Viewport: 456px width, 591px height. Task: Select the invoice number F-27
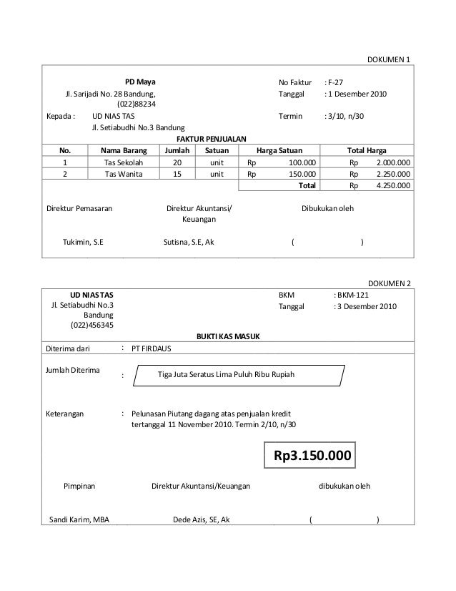pyautogui.click(x=336, y=82)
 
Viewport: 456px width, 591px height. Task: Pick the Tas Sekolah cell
pyautogui.click(x=124, y=162)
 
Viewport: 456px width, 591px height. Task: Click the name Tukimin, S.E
pyautogui.click(x=84, y=243)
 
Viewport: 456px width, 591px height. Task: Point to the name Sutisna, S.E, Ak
pyautogui.click(x=189, y=243)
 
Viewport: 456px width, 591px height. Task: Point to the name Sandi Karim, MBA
pyautogui.click(x=79, y=519)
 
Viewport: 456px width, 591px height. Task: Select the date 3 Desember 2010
pyautogui.click(x=365, y=306)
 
